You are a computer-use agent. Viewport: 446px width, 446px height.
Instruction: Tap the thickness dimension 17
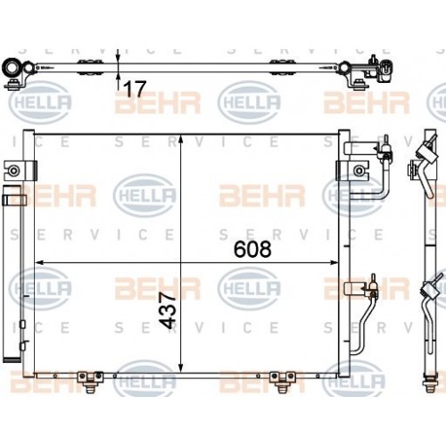(x=135, y=87)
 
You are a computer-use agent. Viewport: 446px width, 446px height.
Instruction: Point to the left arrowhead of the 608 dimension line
(x=38, y=262)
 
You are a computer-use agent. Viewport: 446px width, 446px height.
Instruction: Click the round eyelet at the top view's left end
(x=12, y=68)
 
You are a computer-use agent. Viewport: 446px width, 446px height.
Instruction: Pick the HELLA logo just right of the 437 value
(x=249, y=287)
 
